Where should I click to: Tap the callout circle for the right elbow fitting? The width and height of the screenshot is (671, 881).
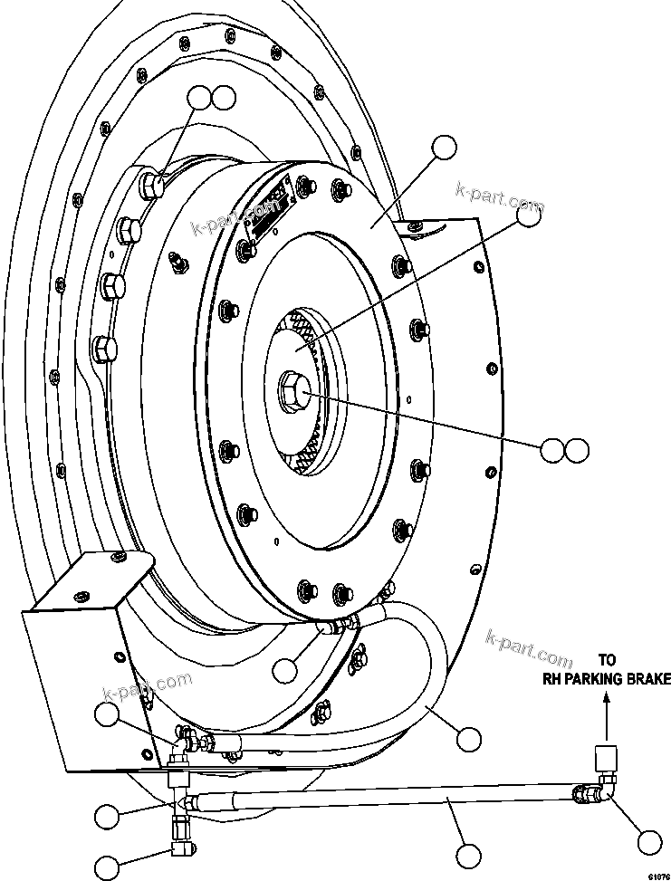(x=649, y=842)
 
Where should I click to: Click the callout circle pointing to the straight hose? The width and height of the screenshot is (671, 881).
(x=468, y=855)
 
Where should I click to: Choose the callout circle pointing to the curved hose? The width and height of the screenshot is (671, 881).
(x=468, y=739)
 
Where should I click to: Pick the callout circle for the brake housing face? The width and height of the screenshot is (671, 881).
(x=444, y=148)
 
